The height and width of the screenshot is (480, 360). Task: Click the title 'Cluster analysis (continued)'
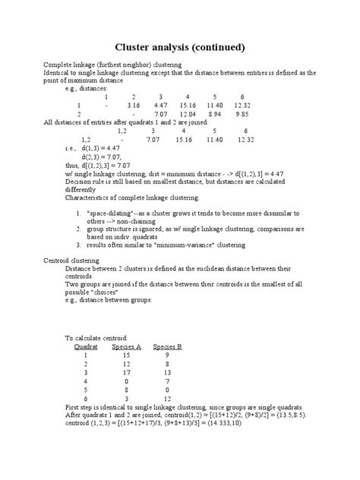179,47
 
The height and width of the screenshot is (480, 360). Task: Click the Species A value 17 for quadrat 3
126,372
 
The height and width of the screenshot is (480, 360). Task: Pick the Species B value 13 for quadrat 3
167,372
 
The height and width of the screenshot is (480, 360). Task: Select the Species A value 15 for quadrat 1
126,355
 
